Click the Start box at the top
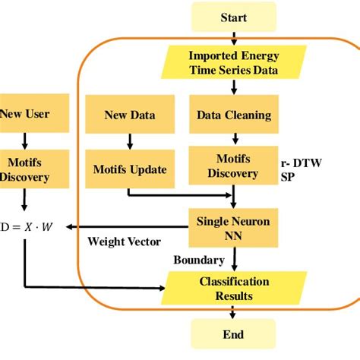coord(234,16)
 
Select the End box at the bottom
coord(234,334)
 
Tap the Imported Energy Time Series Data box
coord(234,62)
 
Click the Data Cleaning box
coord(234,115)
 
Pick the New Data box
coord(130,115)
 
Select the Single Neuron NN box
coord(234,226)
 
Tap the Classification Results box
coord(234,288)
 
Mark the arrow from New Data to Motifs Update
coord(130,141)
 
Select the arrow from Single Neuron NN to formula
coord(129,226)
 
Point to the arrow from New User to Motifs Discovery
coord(24,141)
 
